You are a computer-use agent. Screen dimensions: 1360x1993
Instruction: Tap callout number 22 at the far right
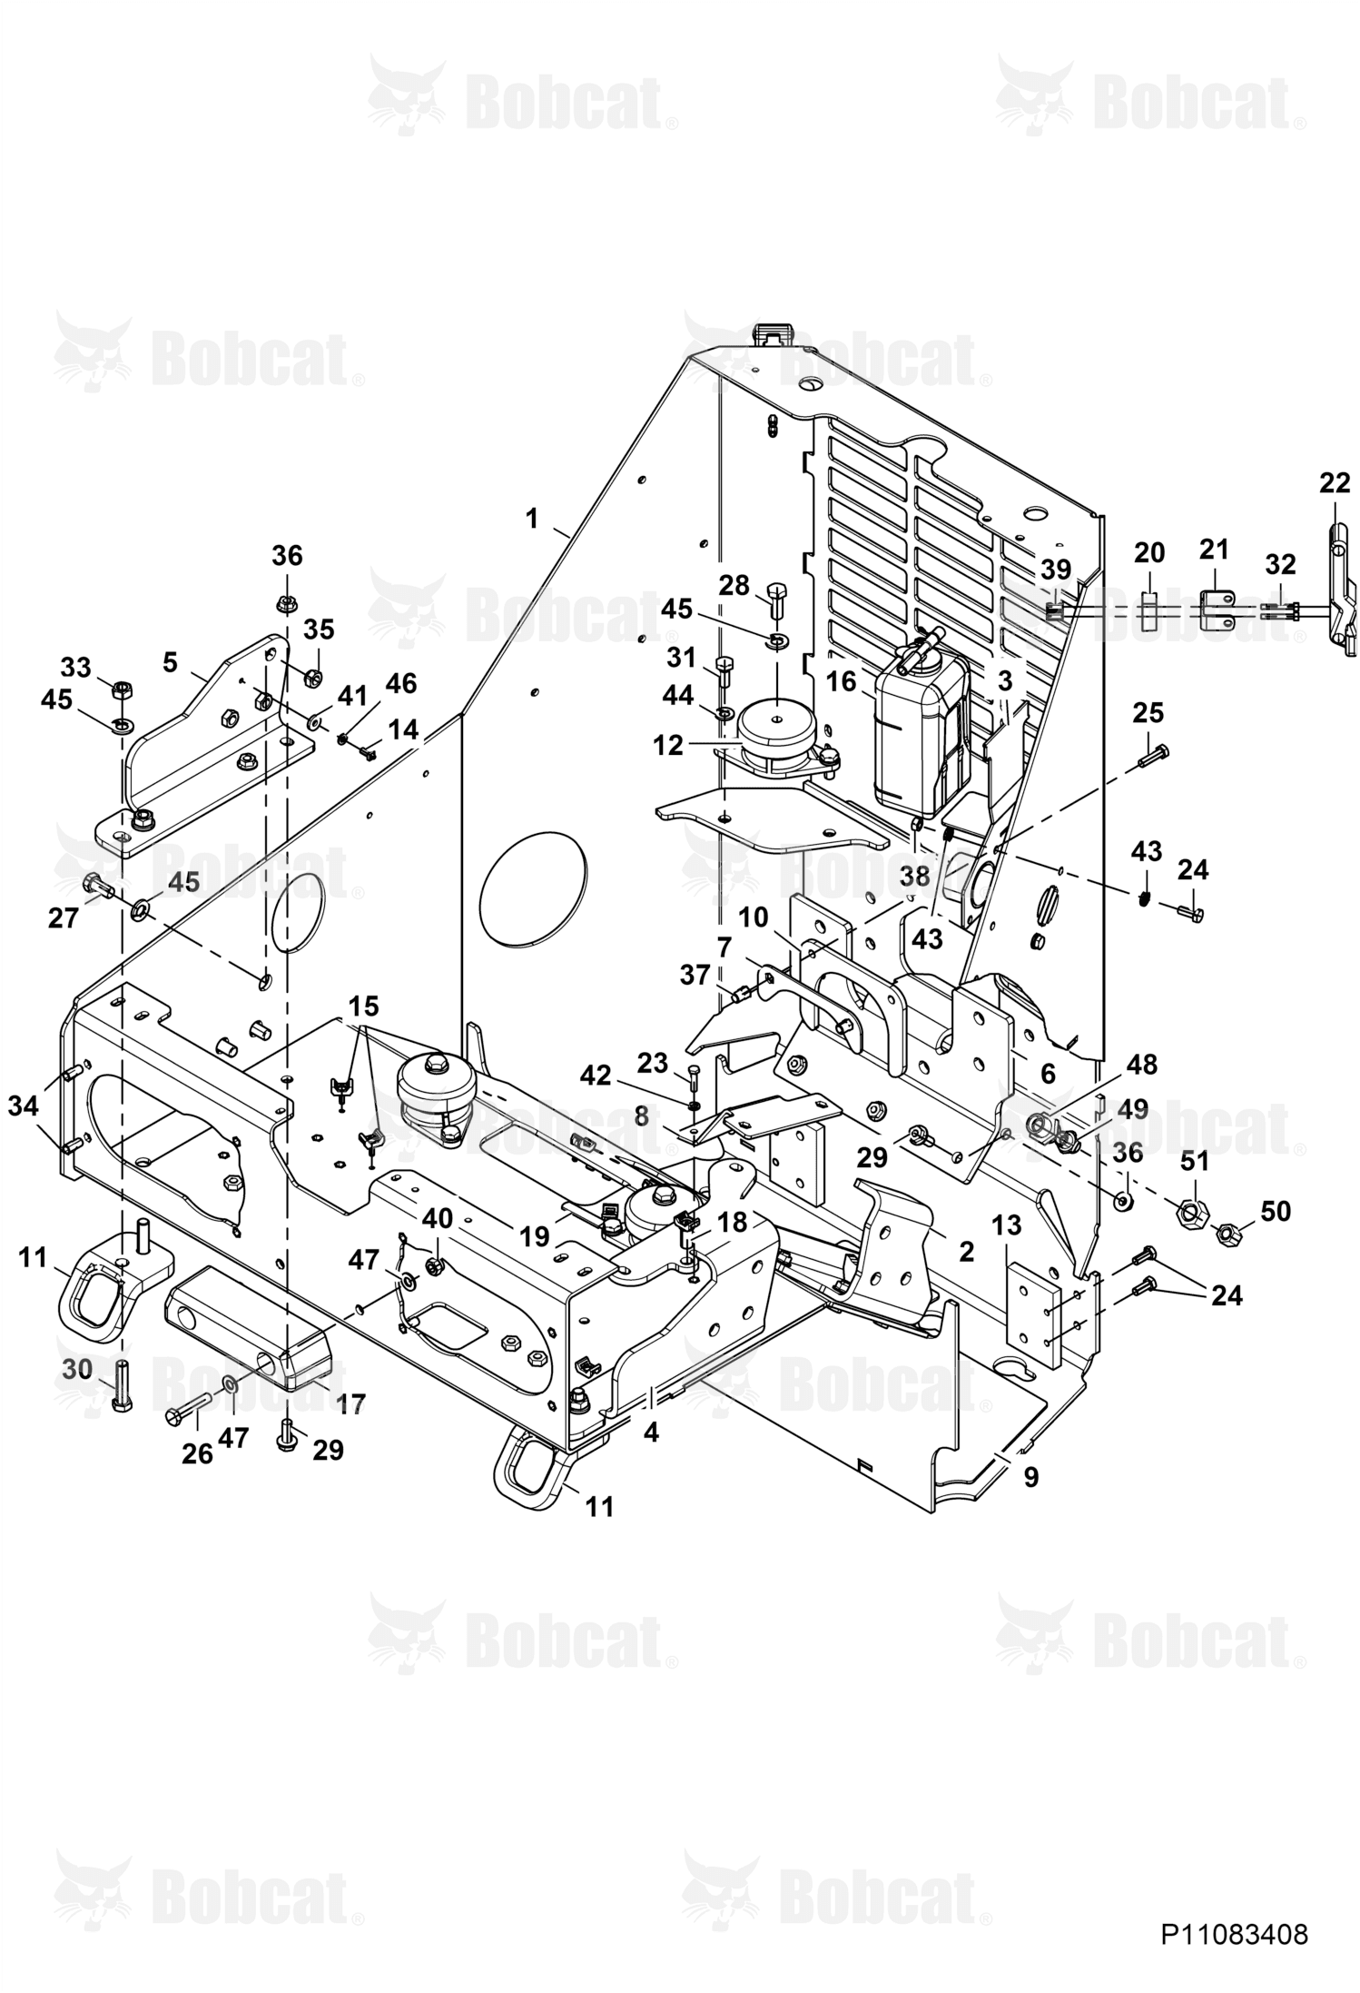(x=1335, y=483)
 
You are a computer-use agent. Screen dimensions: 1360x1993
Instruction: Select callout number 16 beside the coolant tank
(x=842, y=681)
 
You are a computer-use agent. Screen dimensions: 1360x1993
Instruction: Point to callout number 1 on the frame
(x=531, y=519)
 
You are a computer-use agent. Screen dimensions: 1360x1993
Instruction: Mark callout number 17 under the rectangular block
(x=350, y=1404)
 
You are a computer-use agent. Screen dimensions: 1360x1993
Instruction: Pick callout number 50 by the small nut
(x=1276, y=1211)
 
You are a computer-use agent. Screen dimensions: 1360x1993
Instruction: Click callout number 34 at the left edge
(x=25, y=1106)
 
